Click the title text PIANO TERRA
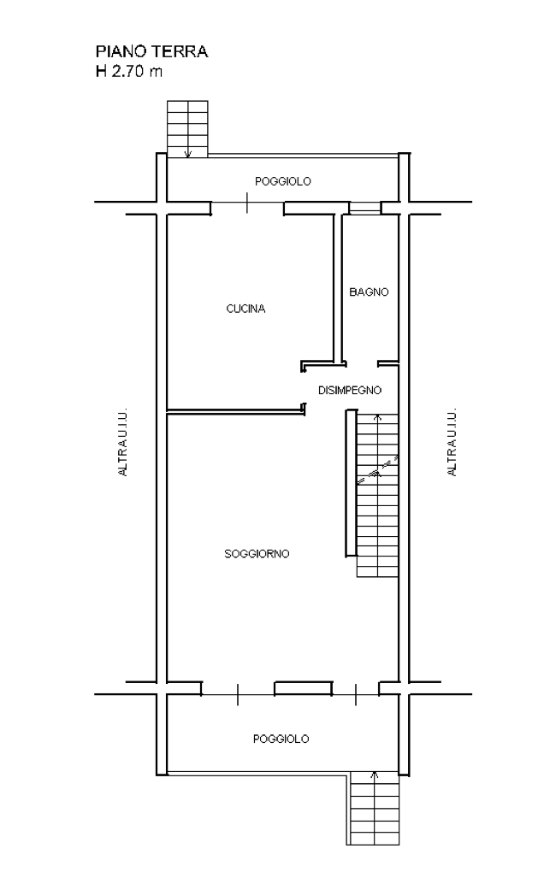click(x=152, y=51)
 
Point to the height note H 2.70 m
click(x=129, y=71)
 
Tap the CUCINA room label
click(x=245, y=309)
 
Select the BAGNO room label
click(x=369, y=292)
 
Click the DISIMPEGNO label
click(x=350, y=391)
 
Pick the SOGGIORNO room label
click(x=257, y=554)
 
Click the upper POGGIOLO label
click(x=282, y=181)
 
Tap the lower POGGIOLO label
click(x=281, y=739)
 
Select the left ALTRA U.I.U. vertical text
click(x=123, y=442)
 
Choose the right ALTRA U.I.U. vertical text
click(x=452, y=442)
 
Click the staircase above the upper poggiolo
click(x=188, y=129)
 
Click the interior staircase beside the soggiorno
click(x=378, y=495)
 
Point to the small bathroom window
click(x=365, y=208)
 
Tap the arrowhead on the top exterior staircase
click(x=188, y=154)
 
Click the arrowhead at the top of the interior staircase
click(x=378, y=416)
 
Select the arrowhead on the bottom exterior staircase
click(x=375, y=775)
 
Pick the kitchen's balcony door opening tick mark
click(x=247, y=203)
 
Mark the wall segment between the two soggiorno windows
click(x=303, y=688)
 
